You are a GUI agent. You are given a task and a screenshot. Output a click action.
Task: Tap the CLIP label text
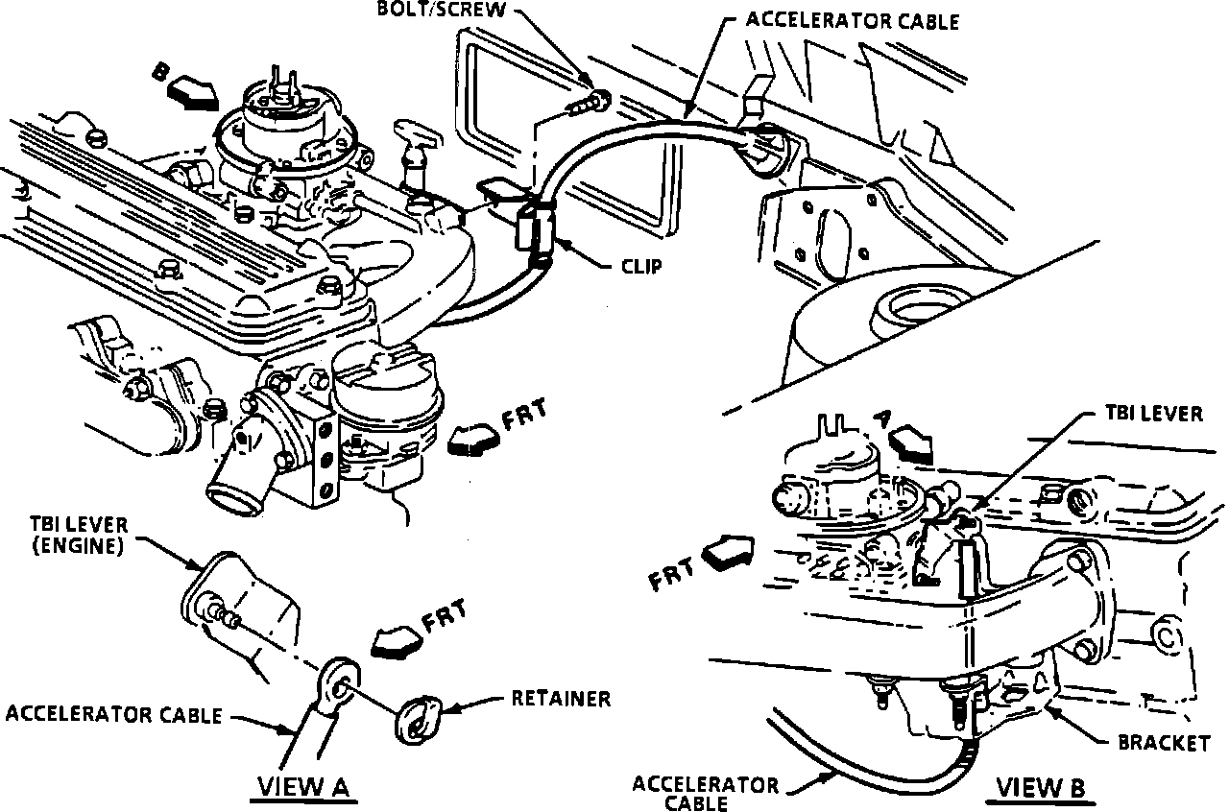tap(639, 267)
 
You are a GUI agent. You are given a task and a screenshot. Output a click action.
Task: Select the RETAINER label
tap(562, 699)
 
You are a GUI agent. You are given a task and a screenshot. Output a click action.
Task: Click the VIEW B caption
tap(1040, 788)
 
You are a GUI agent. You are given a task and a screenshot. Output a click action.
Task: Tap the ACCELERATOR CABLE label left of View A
tap(113, 715)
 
